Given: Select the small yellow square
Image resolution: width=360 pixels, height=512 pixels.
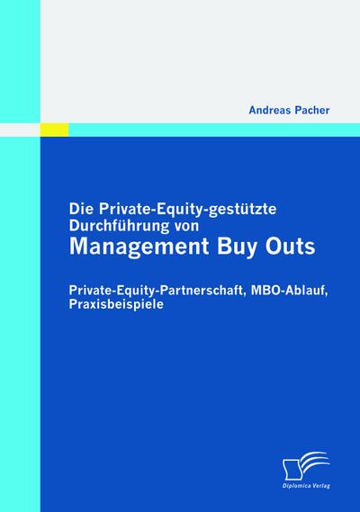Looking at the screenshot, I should pyautogui.click(x=58, y=130).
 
